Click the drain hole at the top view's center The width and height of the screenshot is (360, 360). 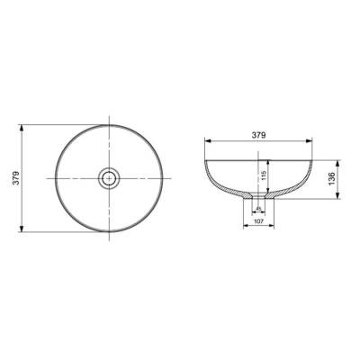(x=111, y=177)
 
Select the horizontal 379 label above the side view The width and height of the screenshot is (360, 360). (x=260, y=136)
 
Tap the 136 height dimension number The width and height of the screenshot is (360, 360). (x=333, y=178)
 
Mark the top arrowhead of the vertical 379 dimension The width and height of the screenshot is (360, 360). (x=23, y=123)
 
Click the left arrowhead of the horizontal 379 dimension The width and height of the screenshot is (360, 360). (x=206, y=141)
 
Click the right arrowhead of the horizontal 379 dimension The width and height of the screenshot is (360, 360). (x=315, y=141)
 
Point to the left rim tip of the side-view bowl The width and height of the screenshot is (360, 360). (x=205, y=159)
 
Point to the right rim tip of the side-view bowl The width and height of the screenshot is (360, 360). (x=316, y=159)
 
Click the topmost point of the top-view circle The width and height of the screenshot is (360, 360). (x=111, y=123)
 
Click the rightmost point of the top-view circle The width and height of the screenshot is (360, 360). (x=165, y=177)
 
